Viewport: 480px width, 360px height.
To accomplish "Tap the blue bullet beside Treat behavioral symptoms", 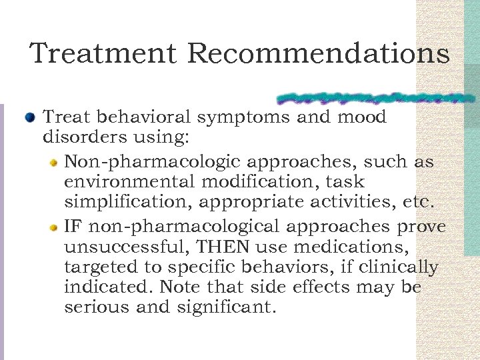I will point(29,118).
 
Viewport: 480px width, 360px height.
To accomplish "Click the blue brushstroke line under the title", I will point(373,99).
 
